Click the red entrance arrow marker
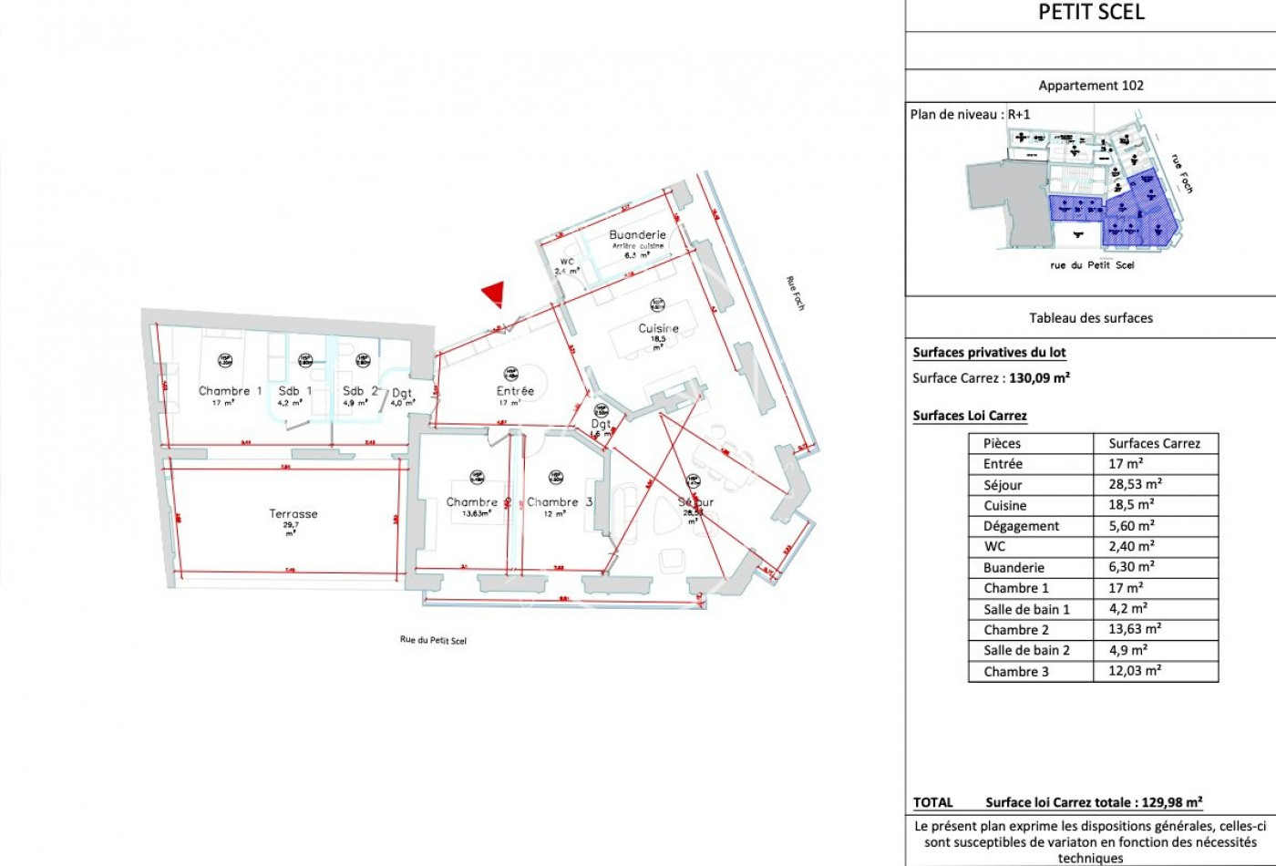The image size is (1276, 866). pos(493,294)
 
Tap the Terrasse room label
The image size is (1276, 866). pos(293,514)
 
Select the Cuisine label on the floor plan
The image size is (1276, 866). pos(658,328)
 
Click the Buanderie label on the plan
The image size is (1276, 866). pos(637,235)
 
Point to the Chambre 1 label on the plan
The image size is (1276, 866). pos(230,391)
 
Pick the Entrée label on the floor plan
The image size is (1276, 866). pos(515,391)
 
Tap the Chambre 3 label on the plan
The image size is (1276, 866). pos(560,502)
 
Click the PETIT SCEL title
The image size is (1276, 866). pos(1091,13)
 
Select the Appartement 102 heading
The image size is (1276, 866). pos(1091,86)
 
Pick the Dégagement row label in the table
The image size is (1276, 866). pos(1021,526)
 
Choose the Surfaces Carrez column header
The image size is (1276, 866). pos(1154,444)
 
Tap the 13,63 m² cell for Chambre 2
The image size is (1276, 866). pos(1135,630)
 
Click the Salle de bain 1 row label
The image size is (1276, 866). pos(1026,610)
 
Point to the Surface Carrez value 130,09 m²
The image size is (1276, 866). pos(1039,377)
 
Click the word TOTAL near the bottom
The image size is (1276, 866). pos(933,803)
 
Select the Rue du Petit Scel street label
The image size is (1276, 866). pos(433,640)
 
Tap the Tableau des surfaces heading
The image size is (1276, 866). pos(1091,318)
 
